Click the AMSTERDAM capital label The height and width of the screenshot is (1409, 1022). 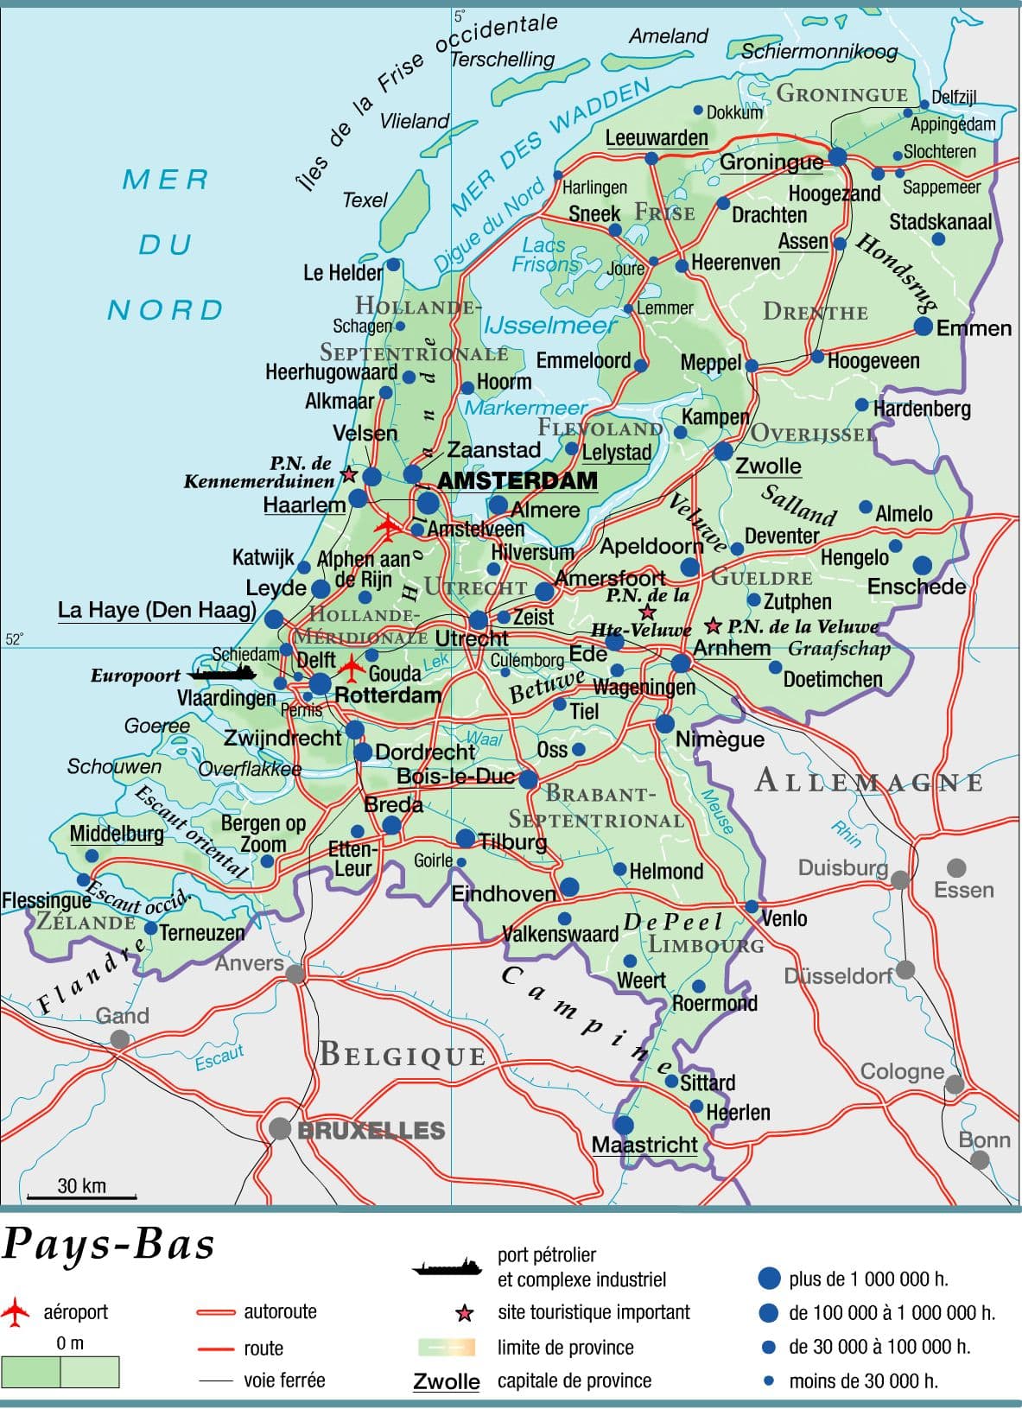(x=517, y=480)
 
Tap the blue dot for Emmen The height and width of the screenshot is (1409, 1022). (x=924, y=327)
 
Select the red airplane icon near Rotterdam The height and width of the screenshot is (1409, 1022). (x=351, y=667)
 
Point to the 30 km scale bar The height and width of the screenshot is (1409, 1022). (x=81, y=1196)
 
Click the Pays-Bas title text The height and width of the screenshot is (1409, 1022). (x=109, y=1245)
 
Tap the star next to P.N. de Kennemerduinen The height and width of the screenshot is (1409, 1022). (x=348, y=473)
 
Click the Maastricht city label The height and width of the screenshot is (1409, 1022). (x=644, y=1145)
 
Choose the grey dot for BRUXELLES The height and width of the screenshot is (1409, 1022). (x=280, y=1128)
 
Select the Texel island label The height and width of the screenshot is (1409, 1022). (x=365, y=200)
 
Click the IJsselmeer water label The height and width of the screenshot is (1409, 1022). (x=550, y=325)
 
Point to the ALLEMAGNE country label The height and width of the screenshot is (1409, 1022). (x=869, y=782)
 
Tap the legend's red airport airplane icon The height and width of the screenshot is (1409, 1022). (x=16, y=1312)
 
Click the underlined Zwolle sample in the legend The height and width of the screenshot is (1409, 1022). (x=446, y=1381)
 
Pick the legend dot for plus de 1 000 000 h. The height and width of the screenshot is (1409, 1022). (x=769, y=1279)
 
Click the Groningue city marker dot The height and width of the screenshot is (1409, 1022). (x=837, y=156)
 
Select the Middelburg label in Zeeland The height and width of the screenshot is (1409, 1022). (x=117, y=834)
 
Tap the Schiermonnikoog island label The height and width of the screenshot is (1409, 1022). (x=819, y=52)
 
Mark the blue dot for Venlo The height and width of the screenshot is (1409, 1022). (x=752, y=907)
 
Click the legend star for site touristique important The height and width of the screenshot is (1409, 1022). (x=465, y=1313)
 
